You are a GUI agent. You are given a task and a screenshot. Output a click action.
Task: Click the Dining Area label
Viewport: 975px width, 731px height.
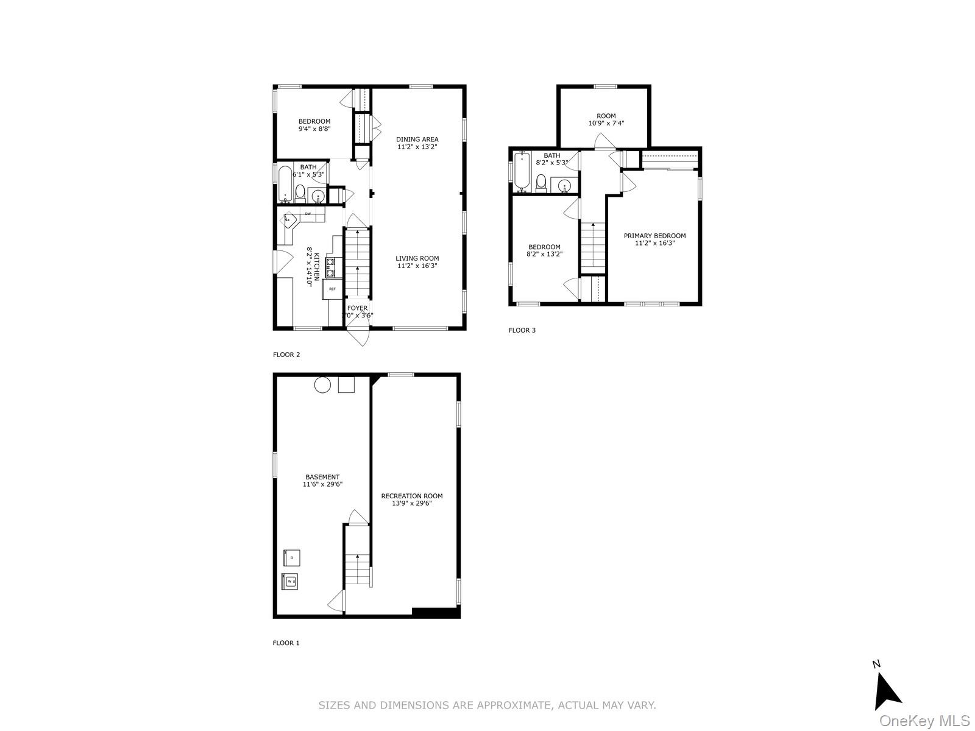click(417, 139)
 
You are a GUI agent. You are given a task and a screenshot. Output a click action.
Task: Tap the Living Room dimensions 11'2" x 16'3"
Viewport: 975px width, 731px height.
click(417, 266)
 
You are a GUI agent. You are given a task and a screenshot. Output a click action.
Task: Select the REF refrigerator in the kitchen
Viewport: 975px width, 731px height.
click(333, 289)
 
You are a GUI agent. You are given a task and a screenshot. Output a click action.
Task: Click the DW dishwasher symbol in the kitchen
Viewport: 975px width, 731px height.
click(308, 214)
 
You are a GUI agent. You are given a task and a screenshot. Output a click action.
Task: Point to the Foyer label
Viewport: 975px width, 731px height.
click(358, 308)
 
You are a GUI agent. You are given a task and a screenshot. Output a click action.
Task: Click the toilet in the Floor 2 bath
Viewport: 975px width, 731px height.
click(300, 194)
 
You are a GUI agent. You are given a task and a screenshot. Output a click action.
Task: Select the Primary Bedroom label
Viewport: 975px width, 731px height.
click(654, 236)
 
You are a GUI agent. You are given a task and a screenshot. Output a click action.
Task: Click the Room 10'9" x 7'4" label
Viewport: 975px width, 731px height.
click(606, 119)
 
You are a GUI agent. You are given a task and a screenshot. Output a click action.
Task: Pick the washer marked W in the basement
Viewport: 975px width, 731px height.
click(290, 582)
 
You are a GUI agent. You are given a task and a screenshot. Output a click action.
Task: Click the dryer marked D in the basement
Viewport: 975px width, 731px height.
click(292, 557)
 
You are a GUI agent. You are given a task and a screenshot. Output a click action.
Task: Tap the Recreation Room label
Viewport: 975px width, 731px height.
click(412, 496)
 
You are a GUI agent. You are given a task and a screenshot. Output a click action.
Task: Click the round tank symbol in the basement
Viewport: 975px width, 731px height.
click(322, 384)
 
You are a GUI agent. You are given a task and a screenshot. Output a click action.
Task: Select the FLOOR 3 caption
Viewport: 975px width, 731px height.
click(522, 331)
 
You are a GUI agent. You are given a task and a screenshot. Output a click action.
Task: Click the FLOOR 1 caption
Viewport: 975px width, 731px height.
click(286, 643)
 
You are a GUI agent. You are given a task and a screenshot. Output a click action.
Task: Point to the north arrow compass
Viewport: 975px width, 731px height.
click(887, 693)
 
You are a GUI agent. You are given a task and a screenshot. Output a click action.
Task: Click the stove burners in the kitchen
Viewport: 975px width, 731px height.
click(330, 267)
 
